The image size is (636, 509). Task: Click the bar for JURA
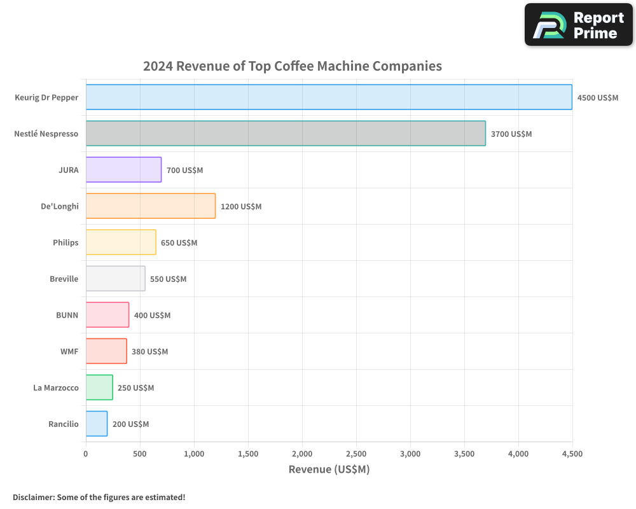pyautogui.click(x=123, y=170)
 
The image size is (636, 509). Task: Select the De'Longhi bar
pyautogui.click(x=151, y=206)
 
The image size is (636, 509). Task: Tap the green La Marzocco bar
pyautogui.click(x=99, y=387)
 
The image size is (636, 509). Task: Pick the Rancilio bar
pyautogui.click(x=97, y=424)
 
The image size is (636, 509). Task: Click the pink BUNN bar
pyautogui.click(x=107, y=315)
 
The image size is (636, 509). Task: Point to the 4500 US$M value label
pyautogui.click(x=597, y=98)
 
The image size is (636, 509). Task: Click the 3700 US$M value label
pyautogui.click(x=511, y=134)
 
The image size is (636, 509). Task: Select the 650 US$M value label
pyautogui.click(x=179, y=243)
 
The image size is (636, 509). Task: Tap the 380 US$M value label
pyautogui.click(x=149, y=351)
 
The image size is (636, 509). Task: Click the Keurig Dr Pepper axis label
pyautogui.click(x=46, y=97)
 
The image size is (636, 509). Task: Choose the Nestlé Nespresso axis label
pyautogui.click(x=46, y=134)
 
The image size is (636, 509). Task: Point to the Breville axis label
pyautogui.click(x=64, y=279)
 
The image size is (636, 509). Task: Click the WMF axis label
pyautogui.click(x=69, y=351)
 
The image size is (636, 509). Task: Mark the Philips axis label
pyautogui.click(x=66, y=242)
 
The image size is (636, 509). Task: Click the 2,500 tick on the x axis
pyautogui.click(x=356, y=454)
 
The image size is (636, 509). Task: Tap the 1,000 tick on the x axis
pyautogui.click(x=194, y=454)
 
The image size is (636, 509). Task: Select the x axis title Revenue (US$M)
pyautogui.click(x=329, y=470)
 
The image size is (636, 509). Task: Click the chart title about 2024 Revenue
pyautogui.click(x=292, y=66)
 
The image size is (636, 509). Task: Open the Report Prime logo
pyautogui.click(x=578, y=25)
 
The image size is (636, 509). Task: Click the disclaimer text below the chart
pyautogui.click(x=99, y=497)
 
